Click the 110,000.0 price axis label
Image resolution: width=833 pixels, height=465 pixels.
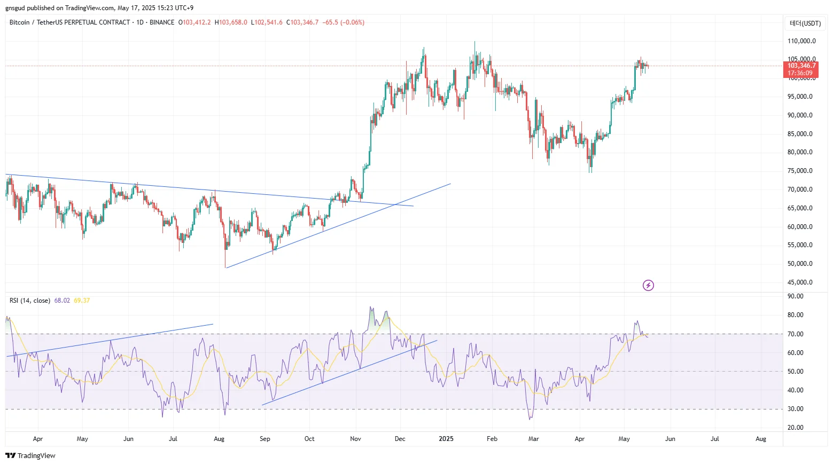click(x=801, y=41)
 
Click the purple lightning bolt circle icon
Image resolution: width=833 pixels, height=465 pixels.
click(x=648, y=285)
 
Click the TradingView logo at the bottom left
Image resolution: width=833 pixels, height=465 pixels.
click(x=30, y=455)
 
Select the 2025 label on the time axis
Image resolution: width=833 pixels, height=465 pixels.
click(x=446, y=439)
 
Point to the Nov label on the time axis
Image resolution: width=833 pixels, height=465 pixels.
click(x=355, y=439)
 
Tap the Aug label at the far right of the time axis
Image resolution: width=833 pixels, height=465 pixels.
click(x=761, y=439)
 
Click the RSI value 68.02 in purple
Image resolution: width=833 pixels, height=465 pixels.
click(x=62, y=301)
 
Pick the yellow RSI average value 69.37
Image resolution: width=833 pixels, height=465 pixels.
click(x=82, y=301)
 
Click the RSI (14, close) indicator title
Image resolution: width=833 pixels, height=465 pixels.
click(x=30, y=301)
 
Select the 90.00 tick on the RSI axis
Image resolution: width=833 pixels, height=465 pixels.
click(x=796, y=296)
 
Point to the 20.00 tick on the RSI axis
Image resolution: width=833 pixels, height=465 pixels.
click(x=796, y=428)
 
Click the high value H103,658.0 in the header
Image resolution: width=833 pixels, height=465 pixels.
click(x=231, y=22)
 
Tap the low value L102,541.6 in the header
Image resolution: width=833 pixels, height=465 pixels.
click(x=267, y=22)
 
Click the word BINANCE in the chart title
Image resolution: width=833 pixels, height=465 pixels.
click(x=162, y=22)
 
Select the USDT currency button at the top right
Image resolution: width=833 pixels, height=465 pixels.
click(x=805, y=23)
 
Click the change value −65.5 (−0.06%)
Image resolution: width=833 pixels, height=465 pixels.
click(x=344, y=22)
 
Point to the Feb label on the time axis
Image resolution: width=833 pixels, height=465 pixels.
click(x=492, y=439)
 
